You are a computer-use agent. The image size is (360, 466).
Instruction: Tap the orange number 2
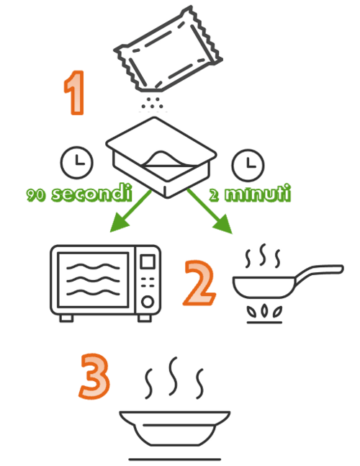tap(199, 282)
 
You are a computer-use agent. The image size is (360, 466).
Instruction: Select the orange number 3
tap(94, 376)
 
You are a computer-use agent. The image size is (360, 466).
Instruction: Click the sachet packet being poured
tap(168, 49)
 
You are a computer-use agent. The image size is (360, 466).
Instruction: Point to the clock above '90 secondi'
tap(76, 162)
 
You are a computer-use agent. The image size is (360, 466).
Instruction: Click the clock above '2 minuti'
tap(248, 165)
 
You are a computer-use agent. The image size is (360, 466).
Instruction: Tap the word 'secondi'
tap(91, 193)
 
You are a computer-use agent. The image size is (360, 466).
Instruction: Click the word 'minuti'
tap(258, 194)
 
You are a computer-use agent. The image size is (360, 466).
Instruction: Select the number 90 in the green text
tap(36, 195)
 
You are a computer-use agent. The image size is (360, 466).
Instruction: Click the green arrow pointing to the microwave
tap(130, 211)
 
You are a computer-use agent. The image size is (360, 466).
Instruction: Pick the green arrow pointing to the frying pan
tap(210, 211)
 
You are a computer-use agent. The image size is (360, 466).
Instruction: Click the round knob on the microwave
tap(148, 302)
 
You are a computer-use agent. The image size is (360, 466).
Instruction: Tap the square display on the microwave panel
tap(148, 262)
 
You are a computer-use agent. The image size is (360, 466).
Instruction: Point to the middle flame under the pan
tap(264, 310)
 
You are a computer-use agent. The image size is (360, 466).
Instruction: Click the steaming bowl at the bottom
tap(175, 428)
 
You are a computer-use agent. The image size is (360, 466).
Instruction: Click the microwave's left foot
tap(66, 318)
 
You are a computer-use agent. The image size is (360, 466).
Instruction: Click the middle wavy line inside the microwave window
tap(93, 280)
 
